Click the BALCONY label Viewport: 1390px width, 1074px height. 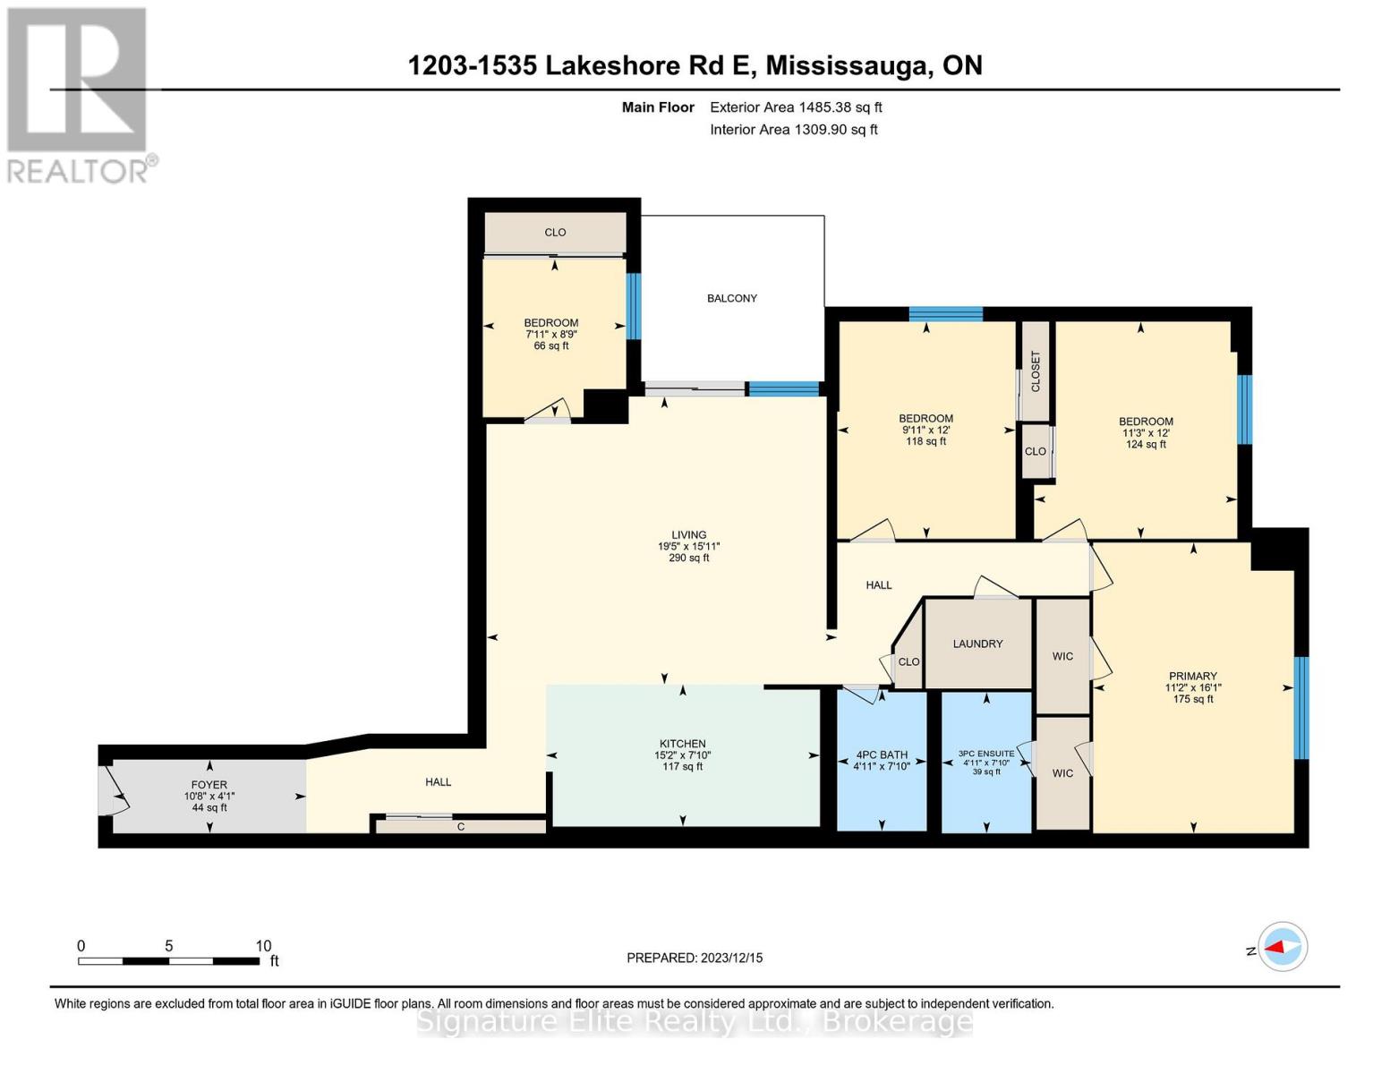click(732, 298)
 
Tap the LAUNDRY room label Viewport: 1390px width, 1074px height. click(977, 644)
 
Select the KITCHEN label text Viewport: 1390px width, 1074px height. click(683, 743)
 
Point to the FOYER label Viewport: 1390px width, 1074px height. click(209, 784)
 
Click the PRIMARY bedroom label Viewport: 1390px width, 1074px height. click(1193, 676)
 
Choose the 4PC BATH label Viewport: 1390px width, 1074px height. click(882, 754)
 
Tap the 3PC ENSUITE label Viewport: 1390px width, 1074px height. click(986, 754)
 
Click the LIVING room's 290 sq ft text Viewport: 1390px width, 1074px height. click(689, 558)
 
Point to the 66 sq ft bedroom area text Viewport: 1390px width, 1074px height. click(551, 346)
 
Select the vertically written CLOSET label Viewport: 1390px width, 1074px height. click(1036, 371)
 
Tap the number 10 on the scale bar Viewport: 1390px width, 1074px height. click(263, 946)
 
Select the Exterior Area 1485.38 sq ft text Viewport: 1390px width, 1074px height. click(796, 107)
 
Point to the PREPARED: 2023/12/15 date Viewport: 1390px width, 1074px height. click(695, 958)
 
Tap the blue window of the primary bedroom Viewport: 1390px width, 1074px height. click(1301, 708)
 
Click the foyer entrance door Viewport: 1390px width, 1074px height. click(114, 790)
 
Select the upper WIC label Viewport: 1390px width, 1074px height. click(1062, 656)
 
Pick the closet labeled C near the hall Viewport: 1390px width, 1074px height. click(461, 827)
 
